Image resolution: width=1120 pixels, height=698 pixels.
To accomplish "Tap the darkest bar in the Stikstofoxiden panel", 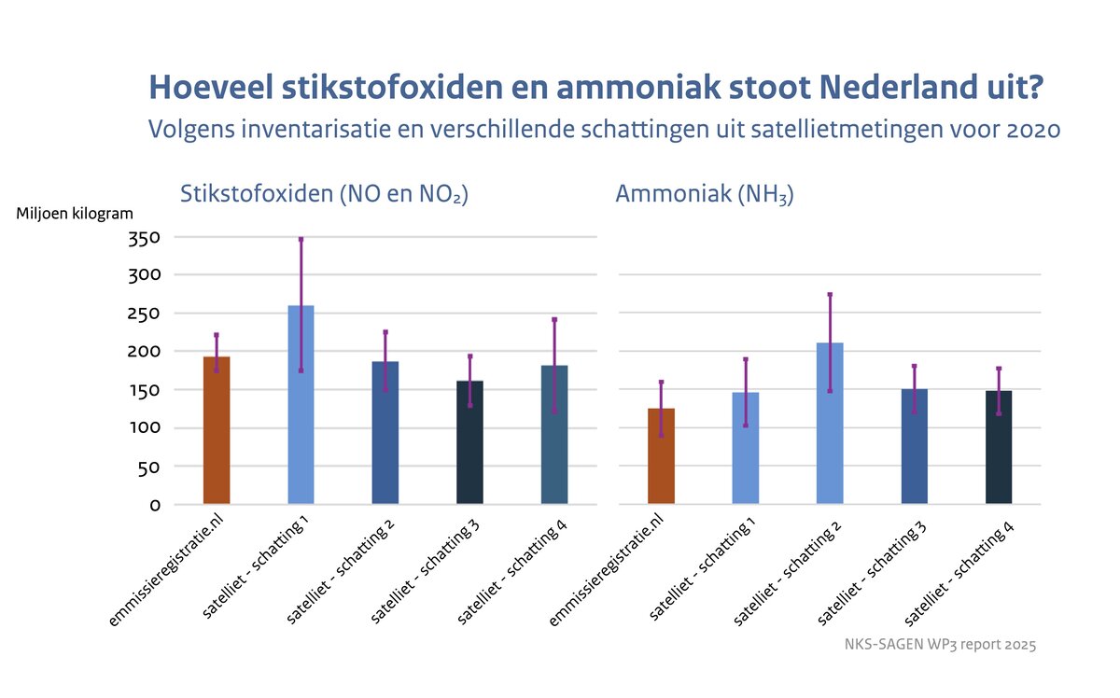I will (x=469, y=443).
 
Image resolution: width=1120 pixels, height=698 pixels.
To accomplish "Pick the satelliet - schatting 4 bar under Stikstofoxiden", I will (x=554, y=435).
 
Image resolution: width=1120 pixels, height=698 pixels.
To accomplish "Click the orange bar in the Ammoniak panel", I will (x=661, y=457).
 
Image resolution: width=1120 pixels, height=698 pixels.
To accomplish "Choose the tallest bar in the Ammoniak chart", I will (x=830, y=425).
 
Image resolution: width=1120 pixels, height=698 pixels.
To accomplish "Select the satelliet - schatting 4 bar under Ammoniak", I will (x=999, y=448).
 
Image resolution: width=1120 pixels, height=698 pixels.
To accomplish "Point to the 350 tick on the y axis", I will (x=143, y=237).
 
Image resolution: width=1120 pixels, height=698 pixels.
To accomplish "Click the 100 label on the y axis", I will (x=143, y=428).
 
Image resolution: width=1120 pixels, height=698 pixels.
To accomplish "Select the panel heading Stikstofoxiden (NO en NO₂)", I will (x=323, y=195).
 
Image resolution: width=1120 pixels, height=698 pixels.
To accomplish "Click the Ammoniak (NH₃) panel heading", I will (x=704, y=195).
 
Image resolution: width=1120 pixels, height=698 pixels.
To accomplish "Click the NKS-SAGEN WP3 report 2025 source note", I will (x=940, y=644).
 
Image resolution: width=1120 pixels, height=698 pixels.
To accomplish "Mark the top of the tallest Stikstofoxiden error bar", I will (x=301, y=240).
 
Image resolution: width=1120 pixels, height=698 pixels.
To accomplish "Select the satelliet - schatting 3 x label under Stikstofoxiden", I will (x=426, y=570).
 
